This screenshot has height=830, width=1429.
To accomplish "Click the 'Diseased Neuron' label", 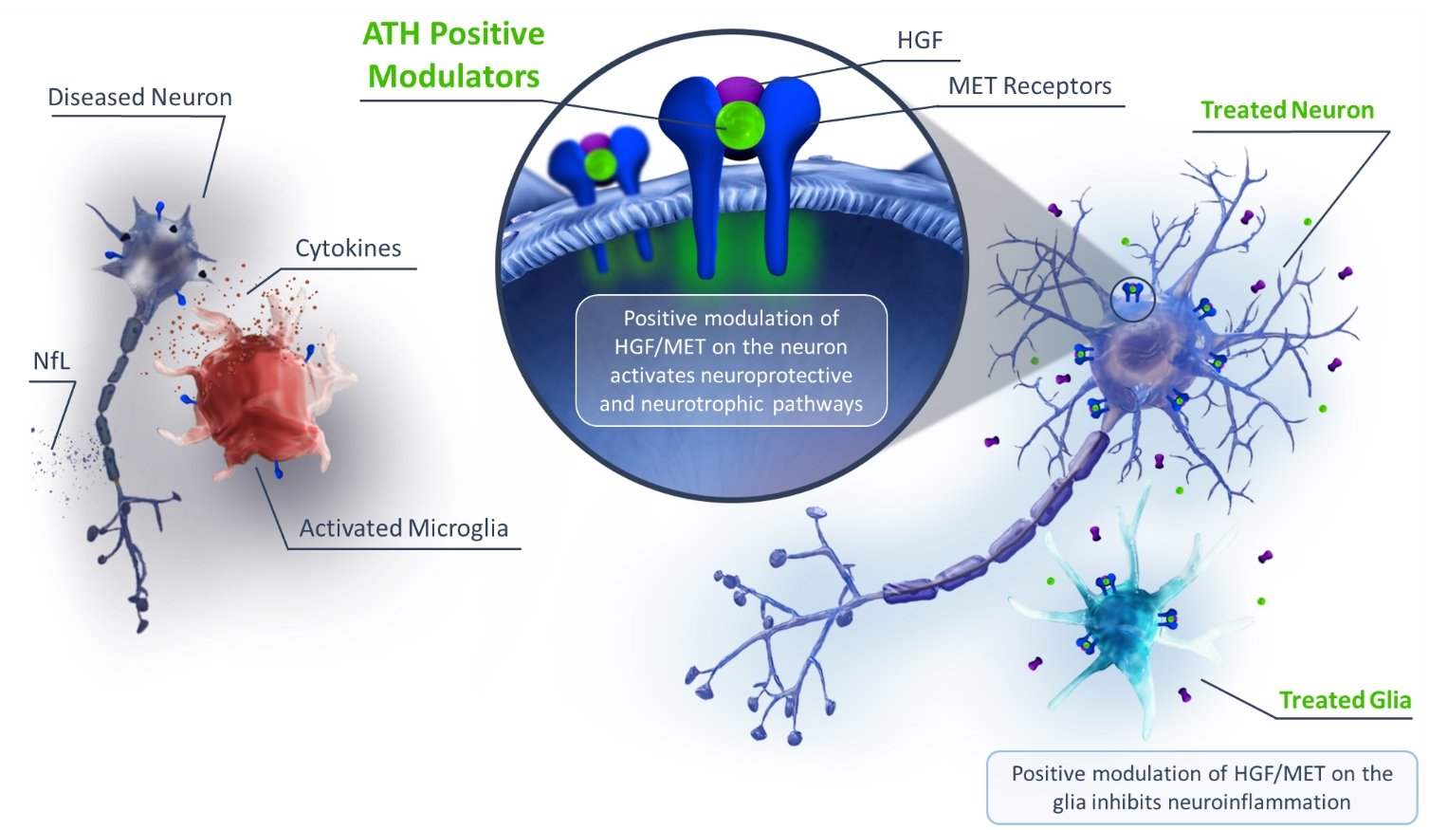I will (139, 98).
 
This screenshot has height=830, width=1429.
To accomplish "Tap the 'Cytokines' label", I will (348, 249).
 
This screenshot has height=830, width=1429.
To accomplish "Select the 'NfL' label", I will (51, 361).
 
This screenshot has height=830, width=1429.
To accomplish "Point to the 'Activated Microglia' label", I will (403, 528).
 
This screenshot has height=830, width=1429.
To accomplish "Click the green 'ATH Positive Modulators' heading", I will (454, 55).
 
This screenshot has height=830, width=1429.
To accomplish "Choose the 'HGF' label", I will (920, 41).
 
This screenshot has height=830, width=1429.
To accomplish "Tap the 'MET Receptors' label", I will (1030, 86).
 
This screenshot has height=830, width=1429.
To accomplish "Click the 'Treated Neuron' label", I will (1287, 111).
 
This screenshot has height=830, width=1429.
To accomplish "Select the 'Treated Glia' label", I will (1345, 700).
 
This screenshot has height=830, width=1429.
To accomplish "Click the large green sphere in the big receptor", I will (739, 126).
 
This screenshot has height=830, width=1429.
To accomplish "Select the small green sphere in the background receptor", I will (599, 165).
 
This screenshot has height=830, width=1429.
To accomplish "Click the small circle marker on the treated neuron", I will (1132, 299).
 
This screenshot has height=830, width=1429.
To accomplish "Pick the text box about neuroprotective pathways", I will (731, 360).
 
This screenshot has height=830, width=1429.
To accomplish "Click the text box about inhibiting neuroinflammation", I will (1201, 787).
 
